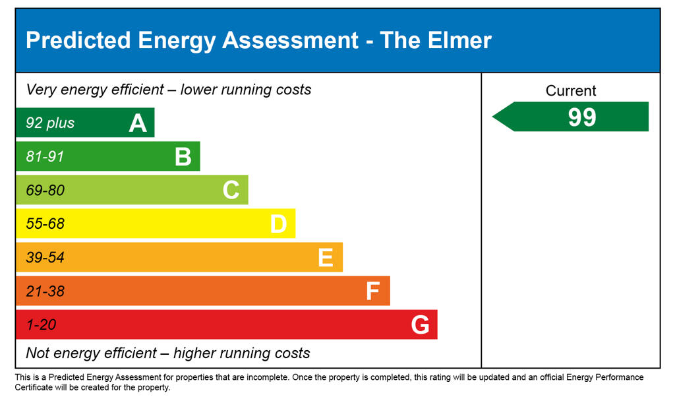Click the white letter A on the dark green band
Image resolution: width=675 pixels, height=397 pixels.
pos(138,123)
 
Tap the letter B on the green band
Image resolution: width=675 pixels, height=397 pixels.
pos(183,157)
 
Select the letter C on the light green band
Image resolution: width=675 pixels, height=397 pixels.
pos(231,190)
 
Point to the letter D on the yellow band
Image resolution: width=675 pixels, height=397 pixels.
pos(278,224)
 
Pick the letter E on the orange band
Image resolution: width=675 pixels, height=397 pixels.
pos(326,258)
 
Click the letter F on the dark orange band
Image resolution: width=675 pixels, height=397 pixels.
pos(373,291)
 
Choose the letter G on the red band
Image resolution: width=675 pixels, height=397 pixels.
pos(420,324)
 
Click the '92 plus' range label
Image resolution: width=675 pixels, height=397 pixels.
pos(50,123)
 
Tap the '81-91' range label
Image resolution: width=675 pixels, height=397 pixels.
pos(45,157)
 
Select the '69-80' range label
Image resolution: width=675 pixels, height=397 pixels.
pos(45,191)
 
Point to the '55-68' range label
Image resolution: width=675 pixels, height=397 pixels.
pos(45,224)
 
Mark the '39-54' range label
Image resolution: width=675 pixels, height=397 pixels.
pos(45,258)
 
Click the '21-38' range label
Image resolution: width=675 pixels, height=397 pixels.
pos(45,291)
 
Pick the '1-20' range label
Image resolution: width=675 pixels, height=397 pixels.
pos(41,325)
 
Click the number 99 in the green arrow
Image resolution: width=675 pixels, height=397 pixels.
pos(582,117)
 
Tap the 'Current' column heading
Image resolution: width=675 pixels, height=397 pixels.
pos(571,91)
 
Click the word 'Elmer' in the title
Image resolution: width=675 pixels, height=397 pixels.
pos(461,40)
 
